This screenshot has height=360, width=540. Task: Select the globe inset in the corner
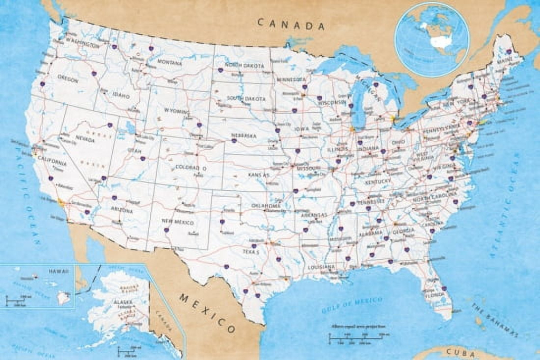click(431, 40)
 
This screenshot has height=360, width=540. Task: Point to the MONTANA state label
click(169, 63)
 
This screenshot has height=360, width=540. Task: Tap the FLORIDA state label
click(436, 295)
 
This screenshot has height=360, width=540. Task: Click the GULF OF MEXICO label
click(352, 303)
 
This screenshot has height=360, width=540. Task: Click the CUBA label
click(460, 353)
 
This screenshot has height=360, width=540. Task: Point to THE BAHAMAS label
click(495, 320)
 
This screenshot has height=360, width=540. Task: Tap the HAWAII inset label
click(59, 271)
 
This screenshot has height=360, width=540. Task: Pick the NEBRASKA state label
click(244, 135)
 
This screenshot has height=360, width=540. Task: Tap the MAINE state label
click(505, 61)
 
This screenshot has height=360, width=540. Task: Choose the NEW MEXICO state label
click(178, 221)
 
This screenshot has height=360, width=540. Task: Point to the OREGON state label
click(67, 79)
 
